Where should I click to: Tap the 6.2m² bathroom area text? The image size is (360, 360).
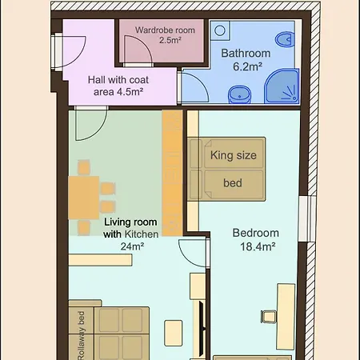pos(247,66)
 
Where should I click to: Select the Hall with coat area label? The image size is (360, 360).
pos(118,86)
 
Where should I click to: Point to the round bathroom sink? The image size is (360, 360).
pos(239,94)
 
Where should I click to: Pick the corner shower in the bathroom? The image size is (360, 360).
pos(282,86)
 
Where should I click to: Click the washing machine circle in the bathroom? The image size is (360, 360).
pos(220,30)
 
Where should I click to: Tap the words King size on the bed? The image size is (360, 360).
pos(234,155)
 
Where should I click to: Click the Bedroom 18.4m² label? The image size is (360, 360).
pos(256,240)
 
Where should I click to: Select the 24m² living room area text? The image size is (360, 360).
pos(132,246)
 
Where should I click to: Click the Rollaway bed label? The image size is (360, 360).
pos(82,335)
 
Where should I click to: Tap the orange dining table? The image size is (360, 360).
pos(84,198)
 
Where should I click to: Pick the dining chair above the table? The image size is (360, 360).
pos(84,167)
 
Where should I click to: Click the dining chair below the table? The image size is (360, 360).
pos(84,227)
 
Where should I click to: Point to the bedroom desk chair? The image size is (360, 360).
pos(268,317)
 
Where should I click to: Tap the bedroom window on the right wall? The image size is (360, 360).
pos(307,219)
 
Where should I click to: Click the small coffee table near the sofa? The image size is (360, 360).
pos(174,334)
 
